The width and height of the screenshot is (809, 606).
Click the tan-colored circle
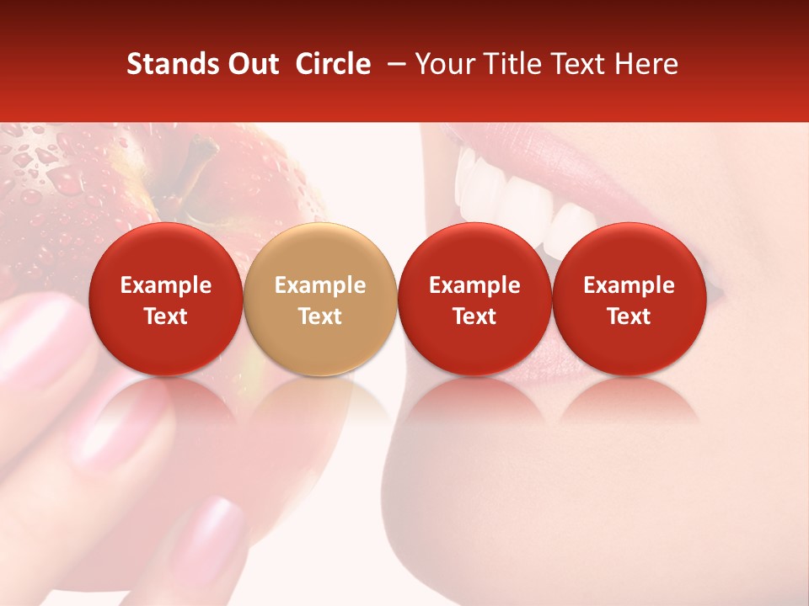[x=320, y=299]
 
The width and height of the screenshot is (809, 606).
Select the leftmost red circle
[x=166, y=299]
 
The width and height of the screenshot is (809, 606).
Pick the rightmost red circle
[x=629, y=299]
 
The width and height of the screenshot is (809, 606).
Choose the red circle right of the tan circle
[x=474, y=299]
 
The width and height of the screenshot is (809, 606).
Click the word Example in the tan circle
[x=320, y=285]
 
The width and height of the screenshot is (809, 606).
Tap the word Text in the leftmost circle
[x=166, y=316]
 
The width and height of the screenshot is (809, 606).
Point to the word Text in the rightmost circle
[x=629, y=316]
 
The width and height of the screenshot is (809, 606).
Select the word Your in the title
[x=444, y=64]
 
